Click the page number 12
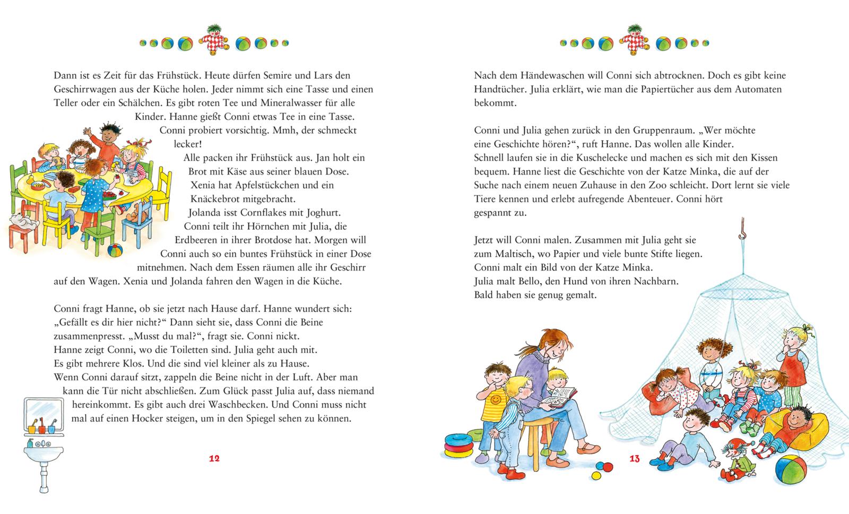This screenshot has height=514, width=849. (x=214, y=459)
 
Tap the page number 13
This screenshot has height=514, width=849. (x=635, y=459)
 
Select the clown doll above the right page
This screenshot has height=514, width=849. (x=634, y=39)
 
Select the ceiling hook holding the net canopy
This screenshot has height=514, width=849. (x=743, y=231)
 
